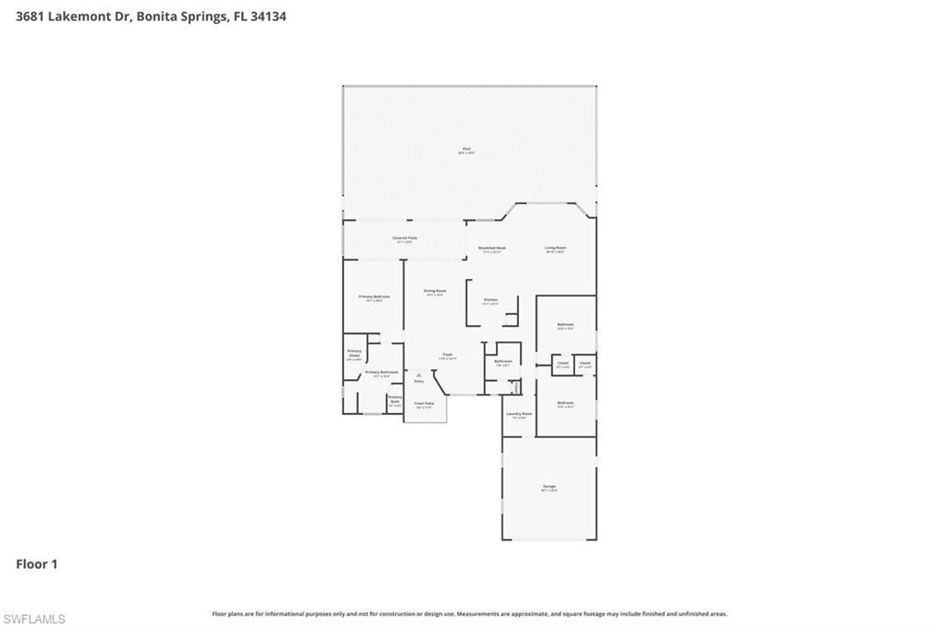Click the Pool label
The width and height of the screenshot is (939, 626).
coord(466,150)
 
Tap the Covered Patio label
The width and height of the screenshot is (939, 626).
coord(404,239)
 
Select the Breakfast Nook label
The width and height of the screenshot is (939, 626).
coord(492,248)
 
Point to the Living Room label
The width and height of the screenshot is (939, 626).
coord(555,248)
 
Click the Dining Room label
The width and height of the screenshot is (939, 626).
coord(434,292)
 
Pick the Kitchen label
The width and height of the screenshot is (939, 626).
coord(491,301)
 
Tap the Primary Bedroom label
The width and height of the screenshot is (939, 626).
coord(373,297)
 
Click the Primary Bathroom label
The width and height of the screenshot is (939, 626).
coord(381,373)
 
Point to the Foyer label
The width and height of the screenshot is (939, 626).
coord(447,355)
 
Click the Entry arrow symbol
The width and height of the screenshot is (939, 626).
coord(419,374)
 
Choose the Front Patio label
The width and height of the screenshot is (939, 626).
coord(424,404)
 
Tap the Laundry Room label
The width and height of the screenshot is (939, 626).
coord(519,414)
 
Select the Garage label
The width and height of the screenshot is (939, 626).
coord(548,487)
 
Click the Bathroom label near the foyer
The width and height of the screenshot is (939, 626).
coord(503,362)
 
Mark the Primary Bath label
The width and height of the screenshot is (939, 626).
coord(394,399)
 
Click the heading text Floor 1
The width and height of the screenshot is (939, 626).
coord(37,565)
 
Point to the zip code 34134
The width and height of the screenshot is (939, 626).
coord(267,17)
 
